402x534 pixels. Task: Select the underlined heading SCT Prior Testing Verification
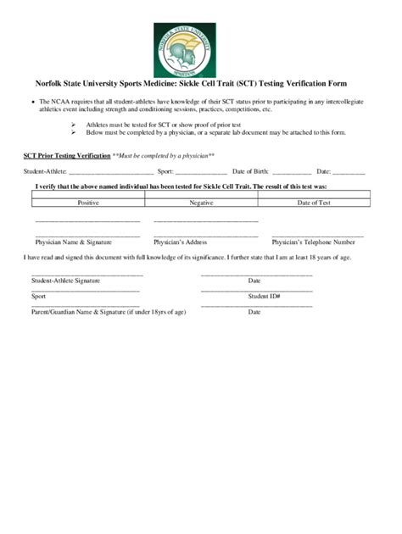point(66,156)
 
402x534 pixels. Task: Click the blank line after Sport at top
point(202,173)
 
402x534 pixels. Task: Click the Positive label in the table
point(88,203)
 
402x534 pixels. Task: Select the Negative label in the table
point(201,203)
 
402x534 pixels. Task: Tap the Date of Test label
point(314,203)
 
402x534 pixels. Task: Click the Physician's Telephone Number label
point(313,242)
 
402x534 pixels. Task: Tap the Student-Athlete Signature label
point(66,281)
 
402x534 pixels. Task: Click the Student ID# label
point(264,297)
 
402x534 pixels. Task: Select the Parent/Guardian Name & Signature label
point(109,312)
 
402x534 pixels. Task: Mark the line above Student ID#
point(256,291)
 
